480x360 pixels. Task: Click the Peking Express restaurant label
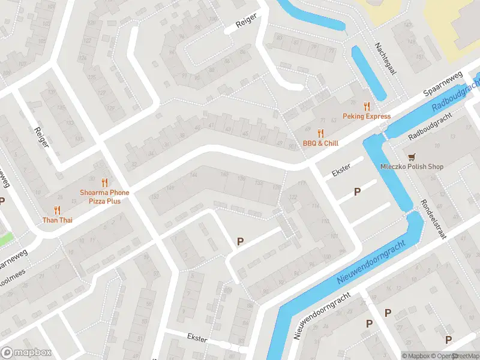pyautogui.click(x=367, y=116)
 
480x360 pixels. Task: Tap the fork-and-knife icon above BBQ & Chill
pyautogui.click(x=321, y=133)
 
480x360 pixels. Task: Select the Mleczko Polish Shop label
pyautogui.click(x=412, y=166)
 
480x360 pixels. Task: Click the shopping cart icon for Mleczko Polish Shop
pyautogui.click(x=412, y=157)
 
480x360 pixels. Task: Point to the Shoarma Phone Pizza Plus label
pyautogui.click(x=104, y=196)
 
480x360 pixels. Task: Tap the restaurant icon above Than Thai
pyautogui.click(x=57, y=210)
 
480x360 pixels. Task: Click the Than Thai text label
pyautogui.click(x=57, y=220)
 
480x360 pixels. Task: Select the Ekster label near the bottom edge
pyautogui.click(x=196, y=339)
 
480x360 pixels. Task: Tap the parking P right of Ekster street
pyautogui.click(x=357, y=191)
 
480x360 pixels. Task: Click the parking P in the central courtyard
pyautogui.click(x=240, y=241)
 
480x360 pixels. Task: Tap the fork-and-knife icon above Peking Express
pyautogui.click(x=367, y=106)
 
